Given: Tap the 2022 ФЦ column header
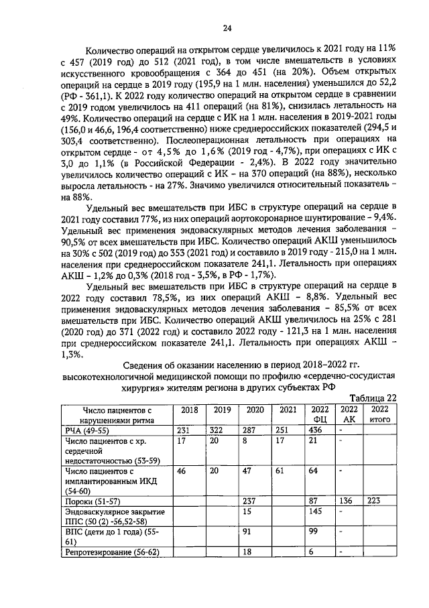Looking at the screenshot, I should [x=320, y=414].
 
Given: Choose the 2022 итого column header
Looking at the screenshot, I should [x=380, y=414].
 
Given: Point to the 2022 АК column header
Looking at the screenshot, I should [x=349, y=414].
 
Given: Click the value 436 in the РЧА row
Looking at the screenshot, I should [x=316, y=429].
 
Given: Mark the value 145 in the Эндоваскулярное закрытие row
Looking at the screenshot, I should [x=316, y=512].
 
